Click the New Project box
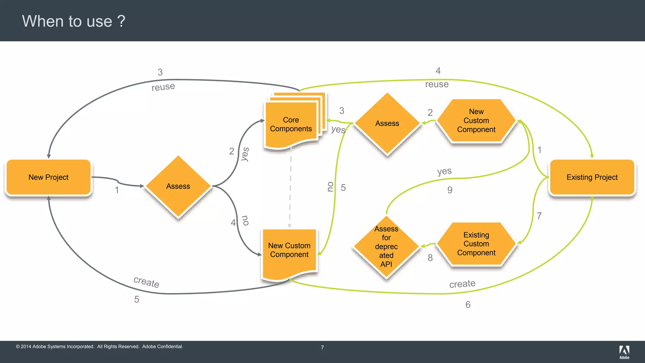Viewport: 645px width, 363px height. pyautogui.click(x=49, y=177)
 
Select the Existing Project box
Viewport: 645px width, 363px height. pyautogui.click(x=592, y=177)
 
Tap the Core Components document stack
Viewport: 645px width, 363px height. pyautogui.click(x=291, y=124)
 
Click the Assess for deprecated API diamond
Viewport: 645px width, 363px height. pyautogui.click(x=386, y=247)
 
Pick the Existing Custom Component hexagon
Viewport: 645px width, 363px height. pyautogui.click(x=476, y=244)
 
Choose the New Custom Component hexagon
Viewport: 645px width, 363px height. pyautogui.click(x=476, y=121)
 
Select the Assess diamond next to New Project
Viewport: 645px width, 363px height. pyautogui.click(x=178, y=186)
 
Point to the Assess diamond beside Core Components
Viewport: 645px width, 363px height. pyautogui.click(x=387, y=124)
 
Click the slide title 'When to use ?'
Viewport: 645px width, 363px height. pyautogui.click(x=74, y=21)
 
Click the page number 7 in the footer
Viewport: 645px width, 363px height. pyautogui.click(x=322, y=347)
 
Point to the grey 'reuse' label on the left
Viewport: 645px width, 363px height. pyautogui.click(x=163, y=87)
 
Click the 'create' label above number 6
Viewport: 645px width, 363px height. pyautogui.click(x=462, y=284)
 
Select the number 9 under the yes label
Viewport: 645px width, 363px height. pyautogui.click(x=450, y=190)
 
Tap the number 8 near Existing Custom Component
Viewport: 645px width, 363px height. pyautogui.click(x=430, y=258)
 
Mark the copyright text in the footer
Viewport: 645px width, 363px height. pyautogui.click(x=100, y=347)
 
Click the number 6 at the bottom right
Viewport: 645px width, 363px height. pyautogui.click(x=468, y=305)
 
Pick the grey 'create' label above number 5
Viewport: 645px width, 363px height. pyautogui.click(x=146, y=282)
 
